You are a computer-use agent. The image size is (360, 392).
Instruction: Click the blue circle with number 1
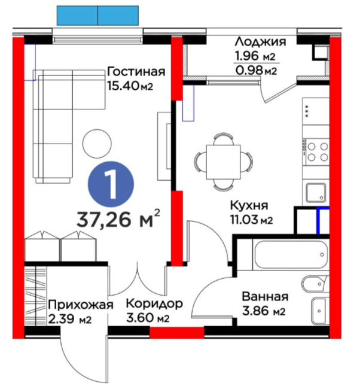click(111, 184)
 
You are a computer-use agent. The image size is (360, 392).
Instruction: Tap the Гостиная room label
click(136, 71)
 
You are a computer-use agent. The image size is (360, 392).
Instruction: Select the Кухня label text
click(249, 205)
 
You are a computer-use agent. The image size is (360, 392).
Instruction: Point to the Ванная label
click(265, 297)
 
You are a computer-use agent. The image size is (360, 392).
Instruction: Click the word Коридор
click(154, 304)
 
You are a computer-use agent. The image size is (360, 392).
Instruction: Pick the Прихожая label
click(81, 305)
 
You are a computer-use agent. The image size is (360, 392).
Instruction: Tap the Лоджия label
click(260, 42)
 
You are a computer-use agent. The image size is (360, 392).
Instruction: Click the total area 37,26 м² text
click(118, 219)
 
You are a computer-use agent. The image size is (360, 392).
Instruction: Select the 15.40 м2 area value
click(130, 86)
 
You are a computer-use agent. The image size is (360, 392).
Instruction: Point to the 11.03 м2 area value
click(251, 220)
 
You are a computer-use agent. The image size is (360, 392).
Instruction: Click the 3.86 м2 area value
click(264, 311)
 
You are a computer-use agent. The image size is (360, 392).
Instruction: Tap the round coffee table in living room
click(97, 143)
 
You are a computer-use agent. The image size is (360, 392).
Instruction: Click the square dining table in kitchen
click(223, 162)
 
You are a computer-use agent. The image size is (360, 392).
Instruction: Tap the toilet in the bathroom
click(315, 284)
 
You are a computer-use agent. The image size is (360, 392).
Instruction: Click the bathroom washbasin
click(320, 311)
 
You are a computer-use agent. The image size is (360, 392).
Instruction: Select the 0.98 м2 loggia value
click(257, 71)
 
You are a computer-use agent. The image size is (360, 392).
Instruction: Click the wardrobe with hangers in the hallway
click(35, 296)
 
